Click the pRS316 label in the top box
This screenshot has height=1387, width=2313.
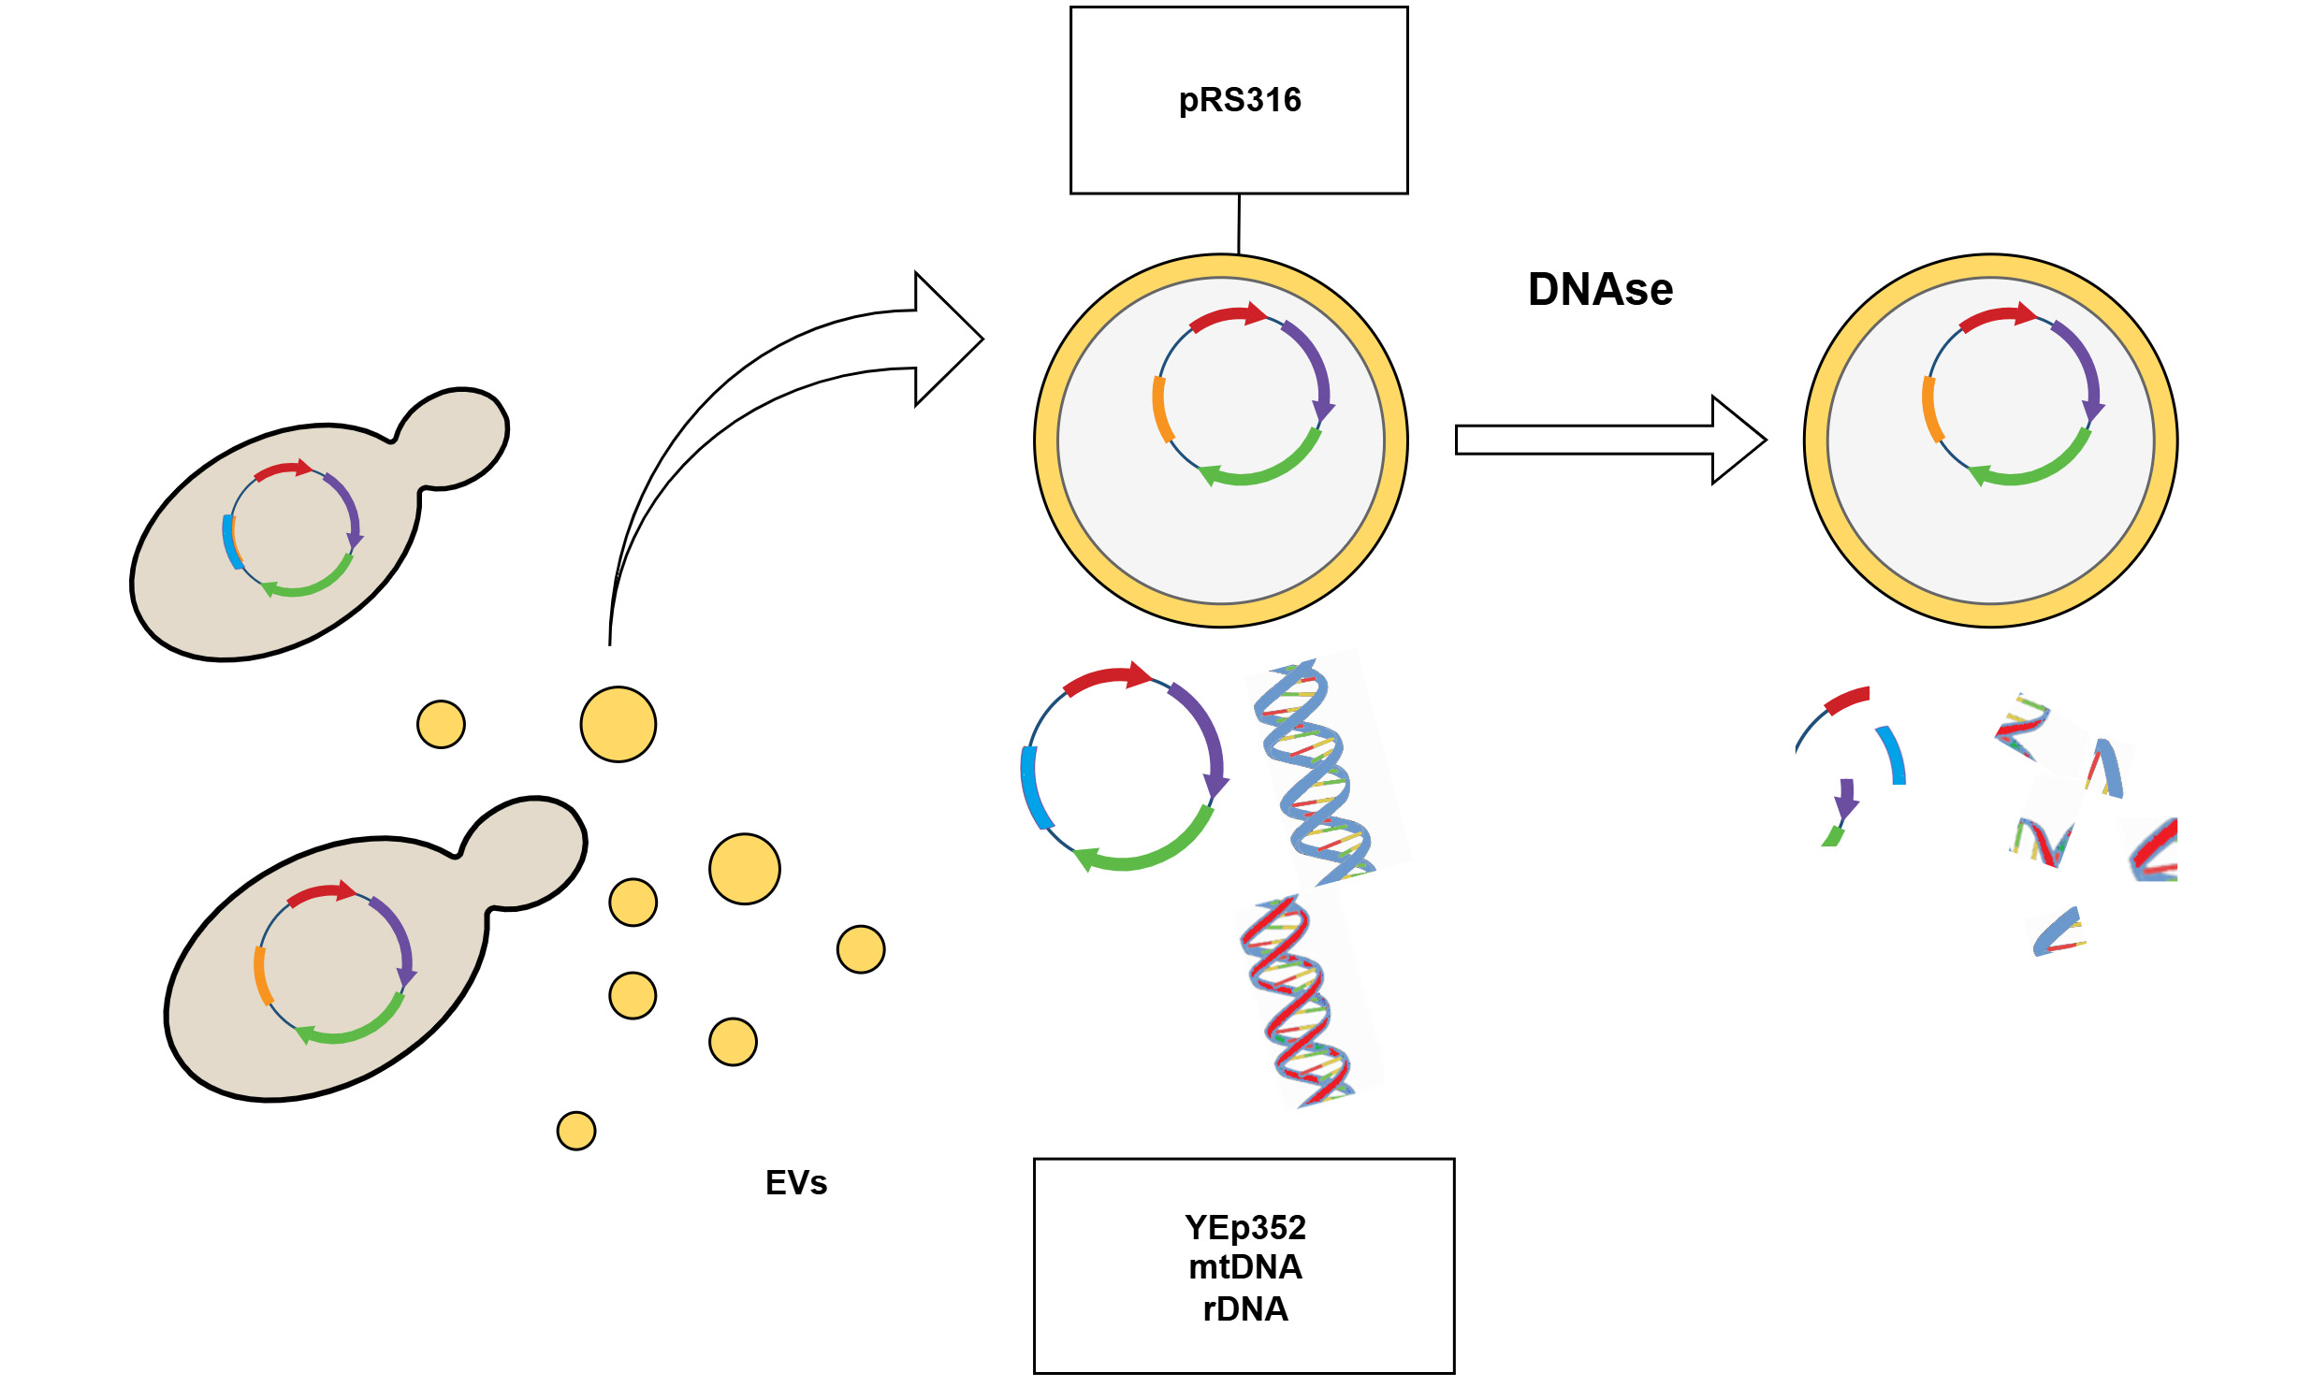pos(1239,100)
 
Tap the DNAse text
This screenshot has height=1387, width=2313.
pos(1600,290)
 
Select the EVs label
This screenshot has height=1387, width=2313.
pos(796,1183)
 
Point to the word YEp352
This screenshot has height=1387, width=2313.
pos(1244,1227)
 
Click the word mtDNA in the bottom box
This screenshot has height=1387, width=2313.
pos(1244,1267)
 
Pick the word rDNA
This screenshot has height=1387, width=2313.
pos(1244,1309)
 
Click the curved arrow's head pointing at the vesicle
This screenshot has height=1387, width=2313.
pos(945,339)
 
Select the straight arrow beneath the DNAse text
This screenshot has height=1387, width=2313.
pos(1609,440)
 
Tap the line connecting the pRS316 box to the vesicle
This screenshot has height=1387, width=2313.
pos(1239,224)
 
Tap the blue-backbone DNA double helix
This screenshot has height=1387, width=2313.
pos(1315,772)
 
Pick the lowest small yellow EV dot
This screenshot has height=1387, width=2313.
pos(576,1131)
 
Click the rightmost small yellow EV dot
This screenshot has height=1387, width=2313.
pos(861,949)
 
